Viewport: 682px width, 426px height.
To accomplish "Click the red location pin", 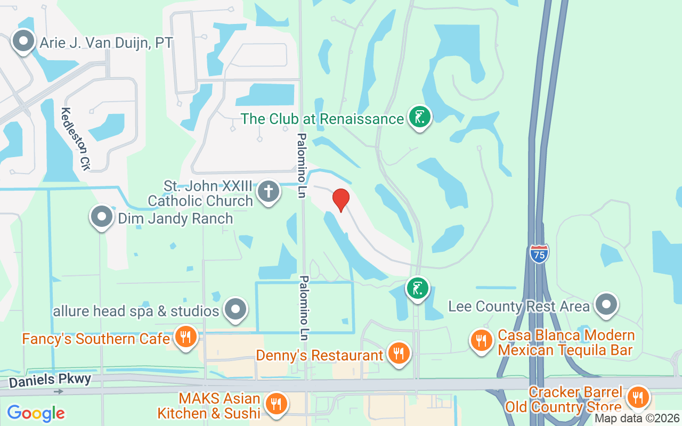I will (x=341, y=200).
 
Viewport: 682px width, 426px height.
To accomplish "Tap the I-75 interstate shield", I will (x=539, y=253).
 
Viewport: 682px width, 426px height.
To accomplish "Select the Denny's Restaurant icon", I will (x=397, y=353).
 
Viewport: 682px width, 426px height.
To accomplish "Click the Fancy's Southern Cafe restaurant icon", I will (x=185, y=337).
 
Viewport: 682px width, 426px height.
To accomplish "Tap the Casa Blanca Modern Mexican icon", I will (x=481, y=340).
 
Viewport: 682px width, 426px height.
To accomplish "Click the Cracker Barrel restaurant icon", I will (x=637, y=397).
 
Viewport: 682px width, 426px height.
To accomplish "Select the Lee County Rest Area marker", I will (x=606, y=305).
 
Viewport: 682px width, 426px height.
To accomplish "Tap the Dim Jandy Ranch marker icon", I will (x=101, y=217).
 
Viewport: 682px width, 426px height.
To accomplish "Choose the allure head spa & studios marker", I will (x=235, y=309).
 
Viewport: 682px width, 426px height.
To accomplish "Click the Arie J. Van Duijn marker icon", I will (x=23, y=42).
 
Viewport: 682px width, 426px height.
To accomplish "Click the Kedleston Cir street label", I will (x=75, y=139).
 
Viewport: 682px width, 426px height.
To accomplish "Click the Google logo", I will (x=36, y=413).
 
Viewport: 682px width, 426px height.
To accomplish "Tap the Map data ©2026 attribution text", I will (x=636, y=419).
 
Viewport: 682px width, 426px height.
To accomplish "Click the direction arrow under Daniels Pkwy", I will (x=59, y=391).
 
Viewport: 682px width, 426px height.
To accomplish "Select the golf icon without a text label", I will (x=418, y=289).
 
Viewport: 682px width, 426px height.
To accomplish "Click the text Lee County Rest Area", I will (x=518, y=306).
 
